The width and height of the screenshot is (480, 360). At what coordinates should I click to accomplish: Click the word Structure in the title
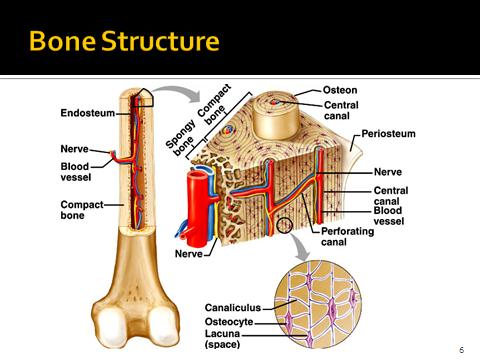point(157,43)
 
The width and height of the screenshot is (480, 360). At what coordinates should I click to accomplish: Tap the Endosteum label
point(87,113)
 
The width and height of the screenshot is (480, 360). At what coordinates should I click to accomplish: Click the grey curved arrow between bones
point(176,95)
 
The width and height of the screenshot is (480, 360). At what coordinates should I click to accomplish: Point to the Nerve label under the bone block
point(188,254)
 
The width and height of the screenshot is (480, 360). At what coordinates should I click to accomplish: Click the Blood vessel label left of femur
point(76,172)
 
